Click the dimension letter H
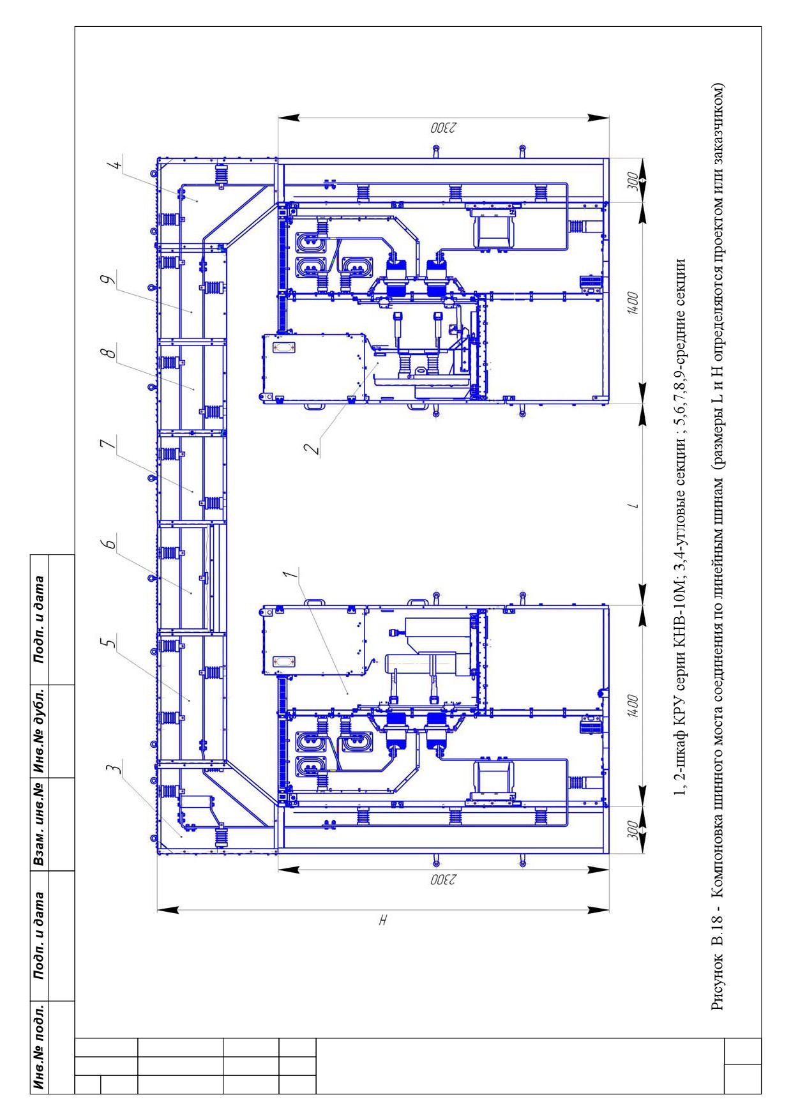[x=383, y=920]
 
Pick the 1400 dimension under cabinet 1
[x=631, y=702]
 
